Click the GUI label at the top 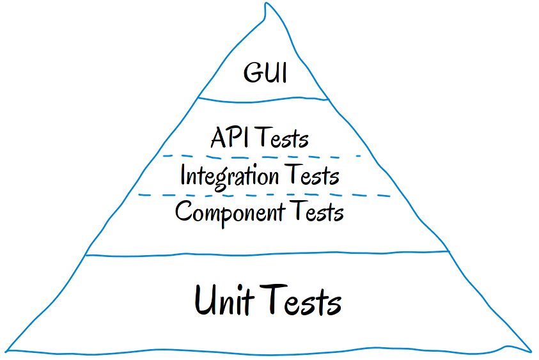pyautogui.click(x=265, y=73)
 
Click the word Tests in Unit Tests pyautogui.click(x=304, y=301)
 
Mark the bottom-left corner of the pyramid pyautogui.click(x=7, y=350)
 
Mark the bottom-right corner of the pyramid pyautogui.click(x=531, y=351)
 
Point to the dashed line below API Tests pyautogui.click(x=262, y=157)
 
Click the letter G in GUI pyautogui.click(x=252, y=73)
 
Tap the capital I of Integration pyautogui.click(x=183, y=175)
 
